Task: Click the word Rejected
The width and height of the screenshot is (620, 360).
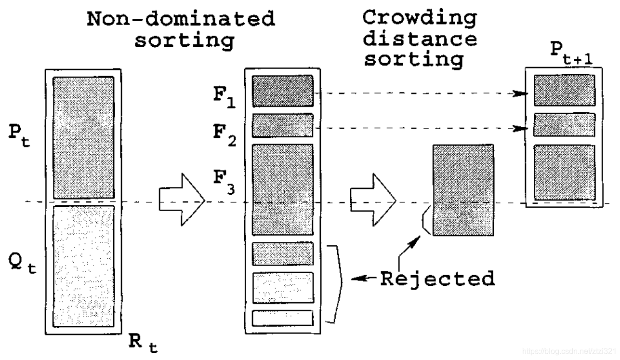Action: pyautogui.click(x=437, y=278)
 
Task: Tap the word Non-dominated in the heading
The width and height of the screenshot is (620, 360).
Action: pyautogui.click(x=181, y=19)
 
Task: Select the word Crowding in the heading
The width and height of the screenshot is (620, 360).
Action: pyautogui.click(x=420, y=18)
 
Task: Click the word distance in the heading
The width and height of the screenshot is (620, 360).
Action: pyautogui.click(x=420, y=39)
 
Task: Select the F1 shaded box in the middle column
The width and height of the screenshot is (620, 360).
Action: pyautogui.click(x=283, y=91)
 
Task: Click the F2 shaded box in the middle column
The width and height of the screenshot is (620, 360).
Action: pyautogui.click(x=283, y=125)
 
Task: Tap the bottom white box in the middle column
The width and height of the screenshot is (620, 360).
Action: pyautogui.click(x=283, y=318)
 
